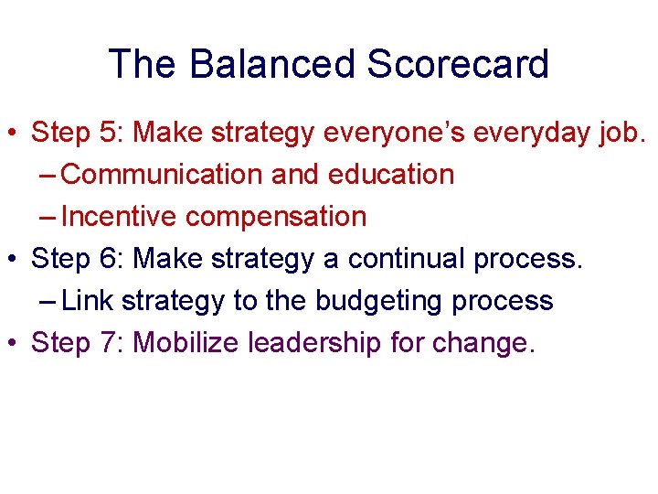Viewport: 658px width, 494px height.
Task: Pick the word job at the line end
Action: (x=621, y=133)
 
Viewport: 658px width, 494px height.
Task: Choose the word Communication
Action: (x=164, y=175)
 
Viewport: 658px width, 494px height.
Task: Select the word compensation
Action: (x=275, y=217)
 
